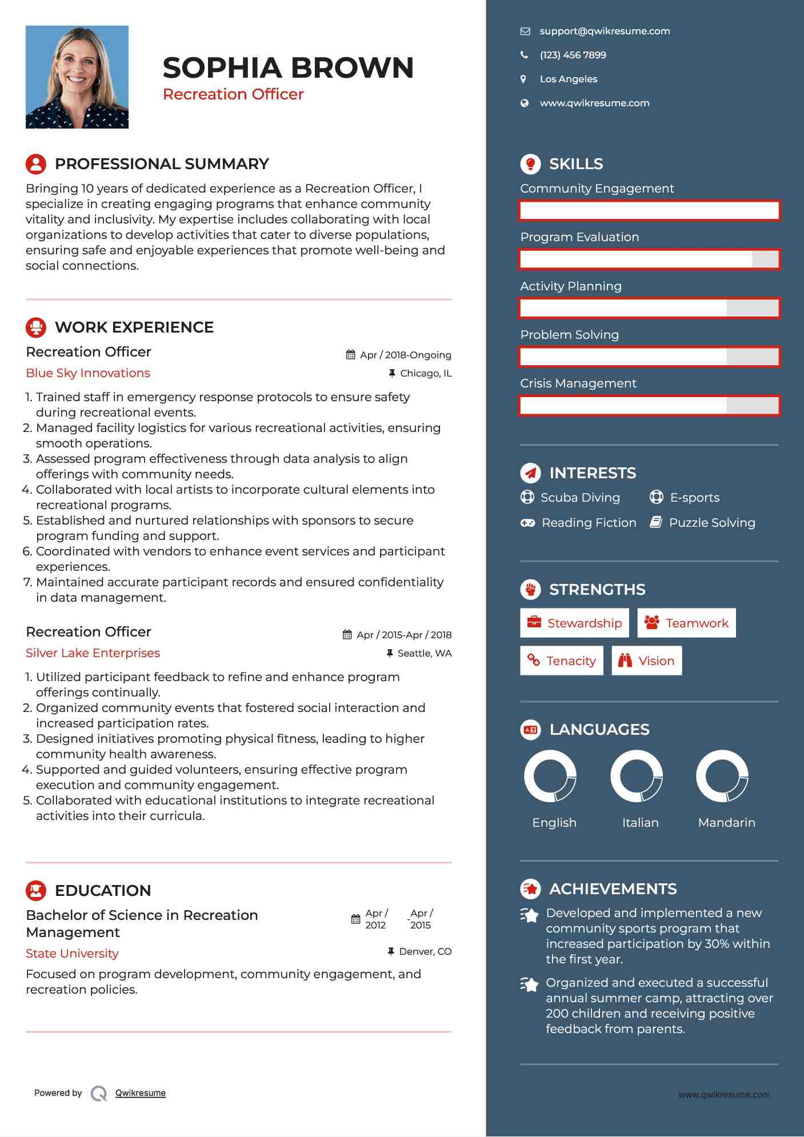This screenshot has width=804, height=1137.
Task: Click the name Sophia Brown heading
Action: point(288,67)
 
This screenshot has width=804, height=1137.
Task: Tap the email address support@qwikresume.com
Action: point(604,31)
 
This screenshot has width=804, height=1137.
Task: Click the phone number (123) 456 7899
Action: point(573,55)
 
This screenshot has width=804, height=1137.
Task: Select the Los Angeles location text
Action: point(568,79)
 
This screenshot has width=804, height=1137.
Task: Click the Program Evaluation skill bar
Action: point(649,259)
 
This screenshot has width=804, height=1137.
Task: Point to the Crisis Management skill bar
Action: point(649,406)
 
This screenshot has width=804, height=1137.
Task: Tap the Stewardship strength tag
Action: point(574,623)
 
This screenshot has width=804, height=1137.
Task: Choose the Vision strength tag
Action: point(647,661)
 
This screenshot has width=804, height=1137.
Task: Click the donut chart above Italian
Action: point(636,776)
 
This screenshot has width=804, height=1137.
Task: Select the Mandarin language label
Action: point(726,823)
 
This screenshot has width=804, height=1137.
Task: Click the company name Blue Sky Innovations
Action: point(88,373)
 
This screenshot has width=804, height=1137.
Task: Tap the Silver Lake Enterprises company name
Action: point(93,653)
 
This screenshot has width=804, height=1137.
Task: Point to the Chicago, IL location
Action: point(425,374)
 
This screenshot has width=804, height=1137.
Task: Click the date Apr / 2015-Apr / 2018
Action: point(403,635)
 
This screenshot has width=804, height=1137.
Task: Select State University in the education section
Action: point(72,954)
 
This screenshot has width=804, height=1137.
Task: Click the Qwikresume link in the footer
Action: point(140,1093)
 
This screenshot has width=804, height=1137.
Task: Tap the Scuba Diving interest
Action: point(579,498)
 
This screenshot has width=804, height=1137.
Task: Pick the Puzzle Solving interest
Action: point(711,523)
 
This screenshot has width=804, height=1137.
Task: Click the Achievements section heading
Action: point(612,889)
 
